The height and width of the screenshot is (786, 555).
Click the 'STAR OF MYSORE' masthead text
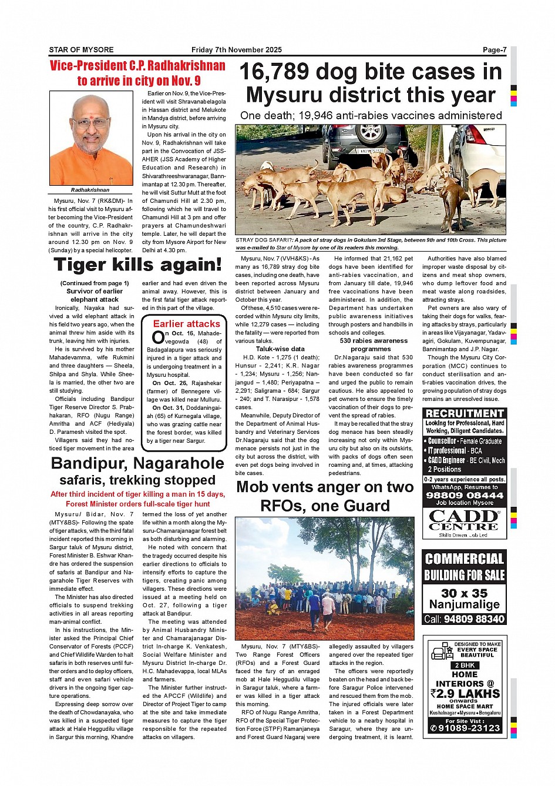pos(81,50)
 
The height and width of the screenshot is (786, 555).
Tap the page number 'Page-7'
pos(494,50)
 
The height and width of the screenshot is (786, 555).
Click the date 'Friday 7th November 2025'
pos(237,50)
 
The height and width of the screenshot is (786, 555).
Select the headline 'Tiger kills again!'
pos(137,265)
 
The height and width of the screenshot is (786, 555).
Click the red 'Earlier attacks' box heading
pos(186,323)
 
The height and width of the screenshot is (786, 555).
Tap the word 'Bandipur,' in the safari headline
pos(88,463)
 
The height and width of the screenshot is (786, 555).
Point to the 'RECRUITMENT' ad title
pos(464,413)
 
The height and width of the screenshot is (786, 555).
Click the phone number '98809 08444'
pos(464,495)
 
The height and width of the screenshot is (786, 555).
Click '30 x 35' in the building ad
pos(464,593)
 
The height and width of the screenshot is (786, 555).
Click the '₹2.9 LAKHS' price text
pos(465,693)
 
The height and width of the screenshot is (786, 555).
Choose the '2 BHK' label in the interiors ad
pos(465,665)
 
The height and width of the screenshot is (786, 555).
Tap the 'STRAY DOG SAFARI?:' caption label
pos(264,240)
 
